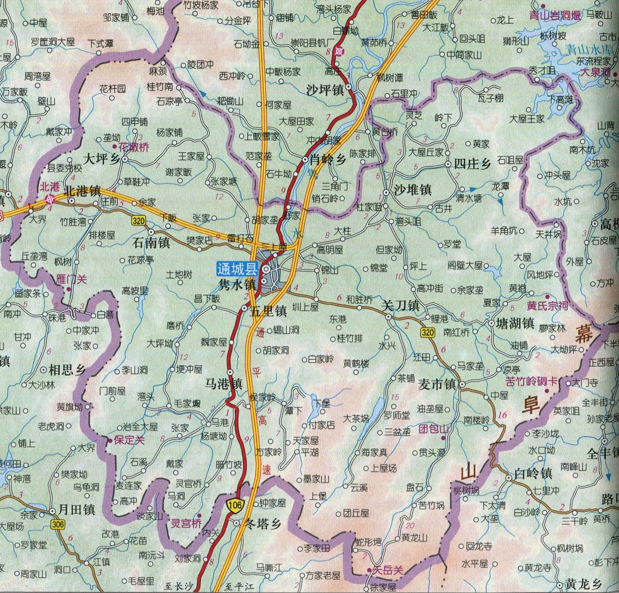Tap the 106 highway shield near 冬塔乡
tap(235, 505)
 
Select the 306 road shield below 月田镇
tap(58, 524)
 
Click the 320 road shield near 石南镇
tap(138, 221)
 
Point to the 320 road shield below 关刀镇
tap(427, 332)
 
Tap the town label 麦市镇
tap(437, 385)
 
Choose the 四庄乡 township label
tap(472, 164)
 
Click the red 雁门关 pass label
tap(72, 279)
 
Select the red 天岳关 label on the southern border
tap(387, 571)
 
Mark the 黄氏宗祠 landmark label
tap(547, 306)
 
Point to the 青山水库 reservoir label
tap(589, 49)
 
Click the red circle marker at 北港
tap(50, 199)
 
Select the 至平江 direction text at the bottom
tap(239, 586)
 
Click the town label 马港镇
tap(224, 384)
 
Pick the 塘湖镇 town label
tap(515, 324)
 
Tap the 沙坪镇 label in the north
tap(325, 90)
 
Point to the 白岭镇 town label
tap(533, 473)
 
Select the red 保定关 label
tap(129, 440)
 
